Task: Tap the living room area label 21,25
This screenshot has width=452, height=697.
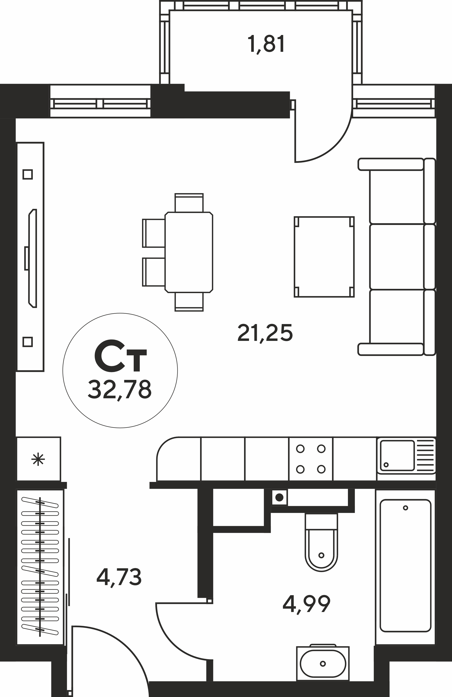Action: [x=265, y=333]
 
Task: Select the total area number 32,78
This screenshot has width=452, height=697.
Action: [x=120, y=390]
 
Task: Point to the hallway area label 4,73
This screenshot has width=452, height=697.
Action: [x=119, y=577]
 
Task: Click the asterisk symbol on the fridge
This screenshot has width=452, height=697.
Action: [x=38, y=460]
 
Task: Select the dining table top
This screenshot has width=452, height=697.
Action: [x=189, y=252]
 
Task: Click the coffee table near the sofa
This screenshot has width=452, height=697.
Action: [x=324, y=257]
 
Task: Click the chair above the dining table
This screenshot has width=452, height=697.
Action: [x=189, y=203]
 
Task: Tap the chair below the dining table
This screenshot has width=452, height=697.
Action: [x=189, y=302]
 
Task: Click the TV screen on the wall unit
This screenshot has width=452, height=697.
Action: [x=32, y=258]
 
